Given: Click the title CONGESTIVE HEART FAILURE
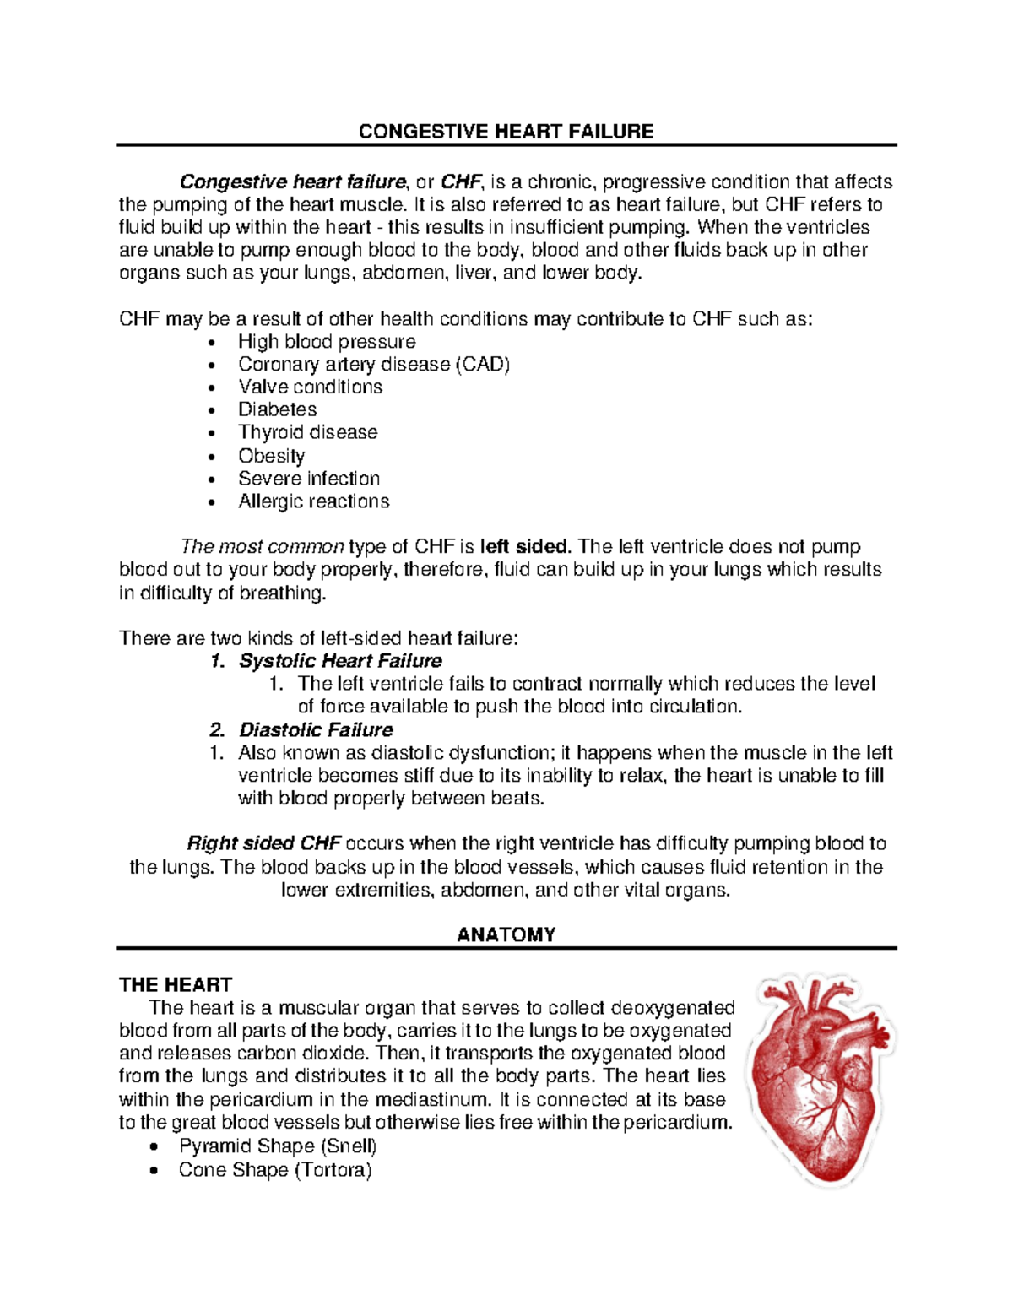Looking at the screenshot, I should (506, 132).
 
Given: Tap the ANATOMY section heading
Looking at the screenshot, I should (506, 934).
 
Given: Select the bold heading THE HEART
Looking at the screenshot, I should (176, 984).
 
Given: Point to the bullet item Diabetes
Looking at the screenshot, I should (277, 409).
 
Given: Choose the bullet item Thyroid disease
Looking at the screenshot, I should (307, 432).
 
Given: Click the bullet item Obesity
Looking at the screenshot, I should (271, 456).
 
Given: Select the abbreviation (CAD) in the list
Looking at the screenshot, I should (483, 364).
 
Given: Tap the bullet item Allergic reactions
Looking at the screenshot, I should (313, 501).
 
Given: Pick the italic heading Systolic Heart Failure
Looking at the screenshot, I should (340, 661).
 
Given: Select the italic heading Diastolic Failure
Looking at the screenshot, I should (316, 730).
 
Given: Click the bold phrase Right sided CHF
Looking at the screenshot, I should (264, 843).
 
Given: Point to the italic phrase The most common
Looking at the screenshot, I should (263, 547).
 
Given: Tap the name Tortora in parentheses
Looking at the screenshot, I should (333, 1170).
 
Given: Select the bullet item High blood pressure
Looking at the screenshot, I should (327, 341).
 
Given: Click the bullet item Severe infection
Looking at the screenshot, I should (309, 479).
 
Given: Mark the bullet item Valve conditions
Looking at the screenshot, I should (310, 387).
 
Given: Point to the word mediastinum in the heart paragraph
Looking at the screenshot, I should (431, 1099).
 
